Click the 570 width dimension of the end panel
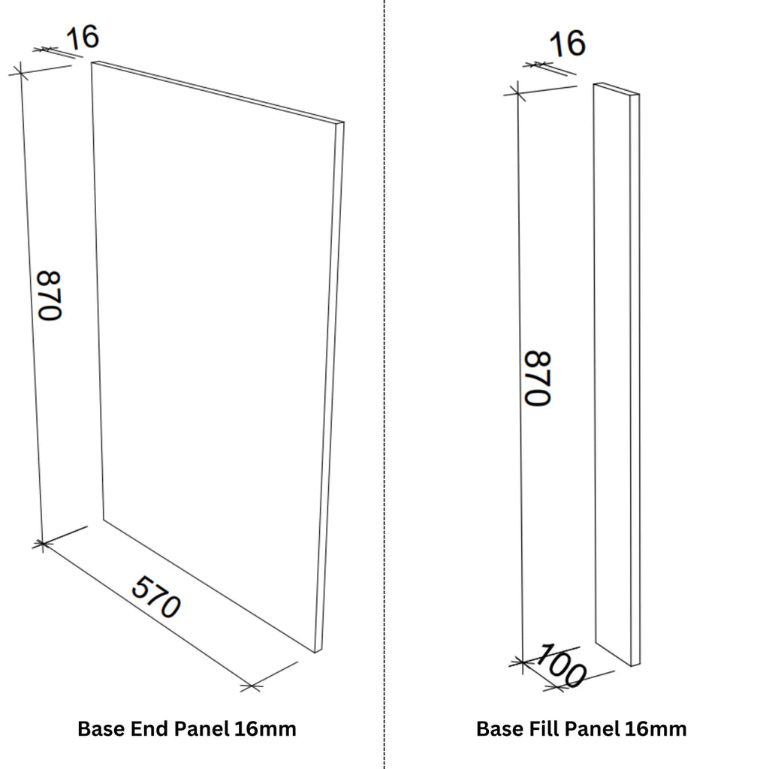pyautogui.click(x=156, y=596)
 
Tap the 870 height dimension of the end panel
pyautogui.click(x=49, y=295)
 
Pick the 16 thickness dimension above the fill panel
pyautogui.click(x=568, y=44)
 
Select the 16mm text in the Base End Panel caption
pyautogui.click(x=265, y=728)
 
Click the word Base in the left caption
pyautogui.click(x=102, y=728)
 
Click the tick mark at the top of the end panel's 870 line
pyautogui.click(x=20, y=71)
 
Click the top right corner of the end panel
pyautogui.click(x=343, y=122)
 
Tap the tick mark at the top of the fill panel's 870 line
pyautogui.click(x=515, y=92)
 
